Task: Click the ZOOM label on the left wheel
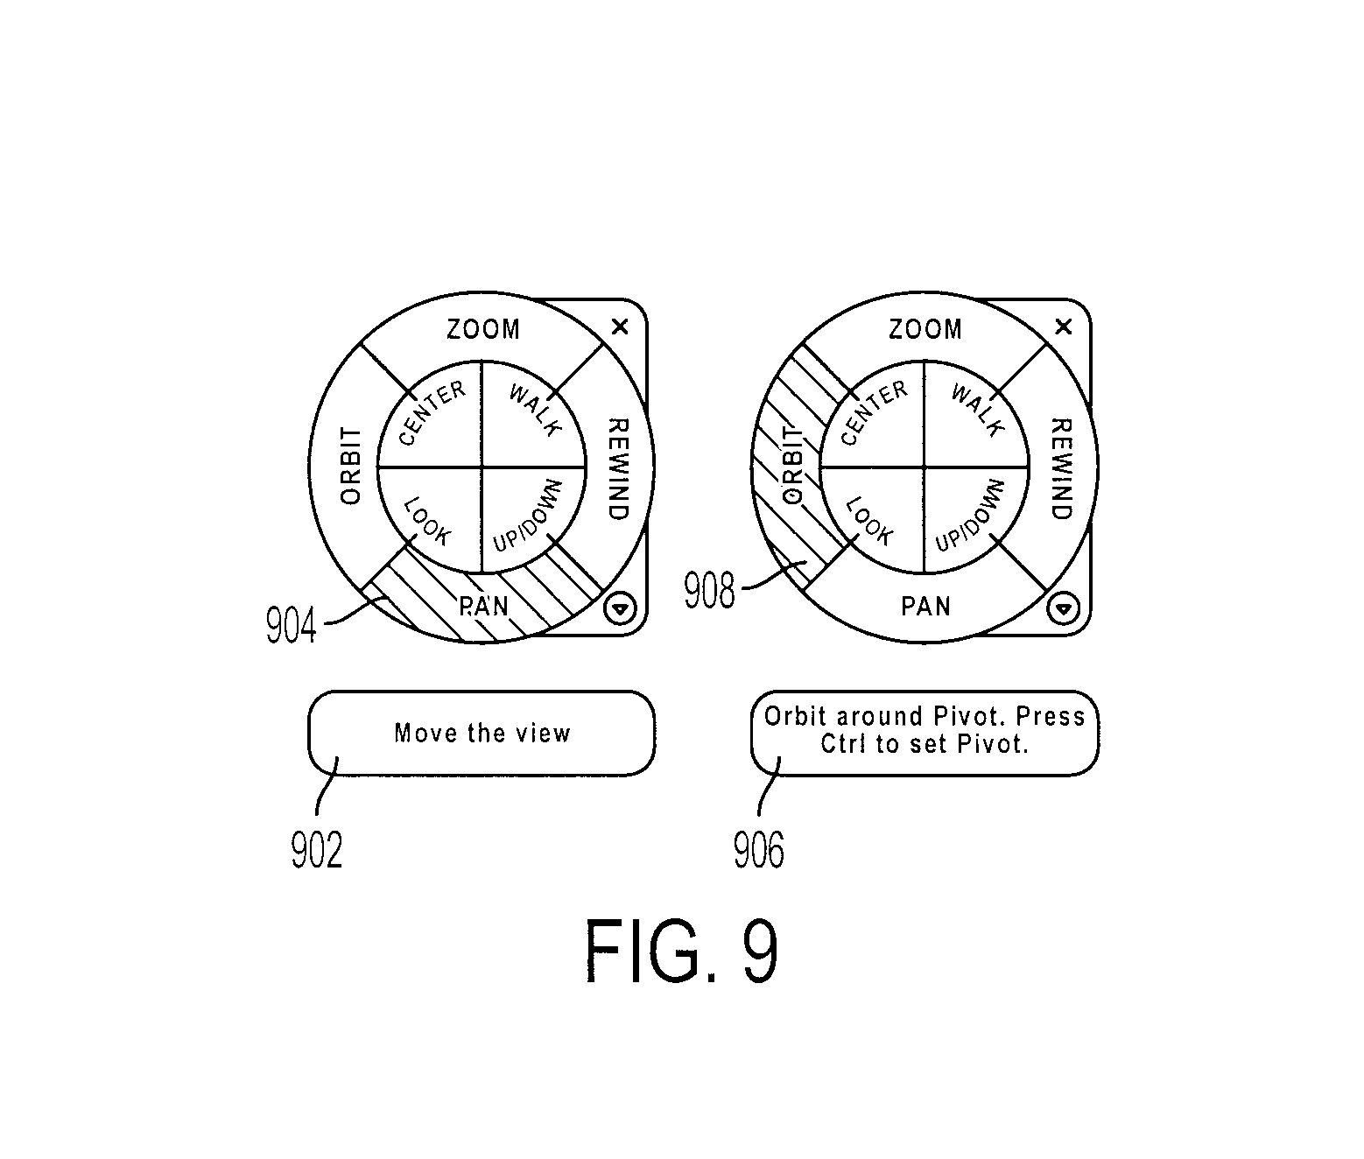click(483, 329)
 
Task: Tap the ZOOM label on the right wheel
click(925, 329)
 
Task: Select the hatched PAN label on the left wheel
click(483, 606)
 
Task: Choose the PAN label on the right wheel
click(926, 606)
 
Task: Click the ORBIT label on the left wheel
click(350, 466)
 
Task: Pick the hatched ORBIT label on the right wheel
click(792, 466)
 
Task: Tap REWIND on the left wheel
click(618, 469)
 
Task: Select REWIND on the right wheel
click(1060, 469)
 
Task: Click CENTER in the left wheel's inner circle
click(432, 413)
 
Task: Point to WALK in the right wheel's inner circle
click(978, 411)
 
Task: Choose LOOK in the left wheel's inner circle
click(427, 521)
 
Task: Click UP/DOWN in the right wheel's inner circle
click(970, 516)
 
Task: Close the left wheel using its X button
click(620, 327)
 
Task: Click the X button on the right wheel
click(1063, 327)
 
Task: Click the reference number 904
click(291, 625)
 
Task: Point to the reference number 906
click(759, 850)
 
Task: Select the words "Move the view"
click(482, 733)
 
